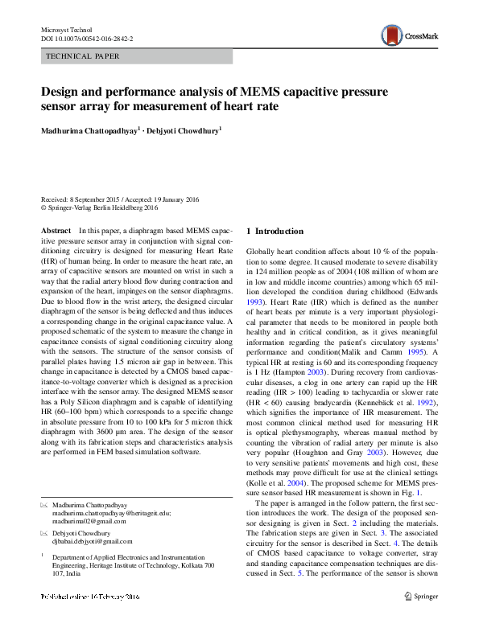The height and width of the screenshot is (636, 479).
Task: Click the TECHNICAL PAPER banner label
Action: coord(84,56)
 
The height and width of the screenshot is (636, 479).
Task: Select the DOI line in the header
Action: coord(87,38)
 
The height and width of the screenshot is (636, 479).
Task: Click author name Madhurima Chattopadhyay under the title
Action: coord(90,130)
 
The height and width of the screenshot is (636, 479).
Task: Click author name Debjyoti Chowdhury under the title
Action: coord(184,130)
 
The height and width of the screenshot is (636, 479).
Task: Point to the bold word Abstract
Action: coord(56,231)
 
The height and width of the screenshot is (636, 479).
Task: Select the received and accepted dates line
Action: coord(121,199)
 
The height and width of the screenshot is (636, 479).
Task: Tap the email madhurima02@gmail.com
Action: coord(92,520)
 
